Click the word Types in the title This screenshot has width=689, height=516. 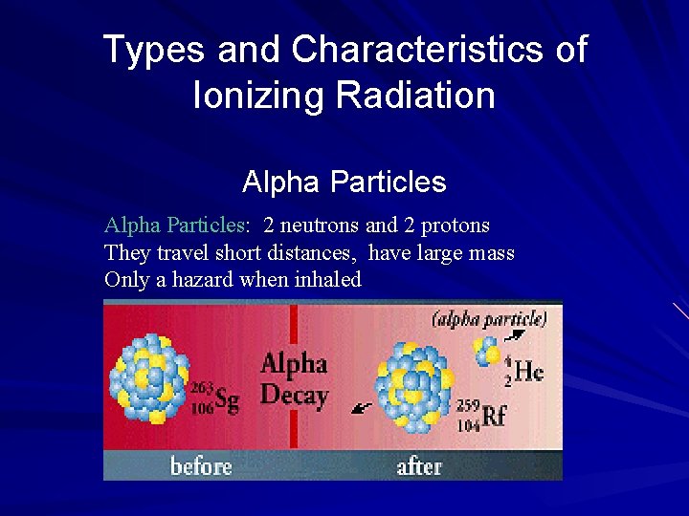pos(153,50)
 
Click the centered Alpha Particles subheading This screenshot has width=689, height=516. pos(344,182)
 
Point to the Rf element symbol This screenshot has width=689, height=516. pos(494,416)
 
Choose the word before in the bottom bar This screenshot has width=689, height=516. pos(201,466)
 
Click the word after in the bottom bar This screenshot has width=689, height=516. pos(419,466)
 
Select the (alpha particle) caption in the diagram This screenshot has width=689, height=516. pos(489,319)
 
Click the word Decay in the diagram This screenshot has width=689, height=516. pos(295,396)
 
